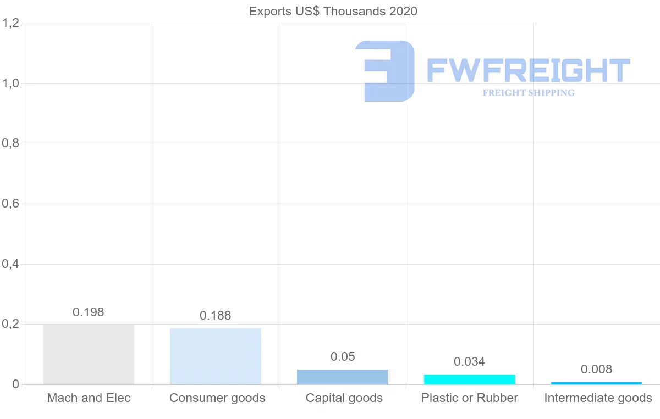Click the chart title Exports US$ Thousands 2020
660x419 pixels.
click(x=333, y=11)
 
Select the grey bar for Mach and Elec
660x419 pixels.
click(x=89, y=355)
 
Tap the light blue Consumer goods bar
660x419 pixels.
click(x=216, y=356)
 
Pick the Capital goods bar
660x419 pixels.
click(x=343, y=377)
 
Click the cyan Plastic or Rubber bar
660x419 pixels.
click(x=470, y=379)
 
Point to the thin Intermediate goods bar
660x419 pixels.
click(x=597, y=383)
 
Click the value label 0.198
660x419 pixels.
click(x=89, y=312)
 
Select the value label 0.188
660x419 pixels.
click(x=216, y=316)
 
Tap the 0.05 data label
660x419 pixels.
click(x=343, y=356)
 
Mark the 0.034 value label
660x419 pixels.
click(x=470, y=361)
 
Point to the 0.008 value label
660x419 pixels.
click(x=597, y=369)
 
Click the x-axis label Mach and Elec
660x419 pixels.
click(x=89, y=398)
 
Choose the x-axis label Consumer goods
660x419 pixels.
click(x=217, y=398)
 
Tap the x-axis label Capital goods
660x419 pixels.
click(x=344, y=398)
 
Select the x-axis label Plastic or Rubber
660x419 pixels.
click(x=470, y=398)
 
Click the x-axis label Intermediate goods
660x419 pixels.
click(x=598, y=398)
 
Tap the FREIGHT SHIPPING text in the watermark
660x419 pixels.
click(x=529, y=93)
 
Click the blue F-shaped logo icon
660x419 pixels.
click(x=385, y=70)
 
